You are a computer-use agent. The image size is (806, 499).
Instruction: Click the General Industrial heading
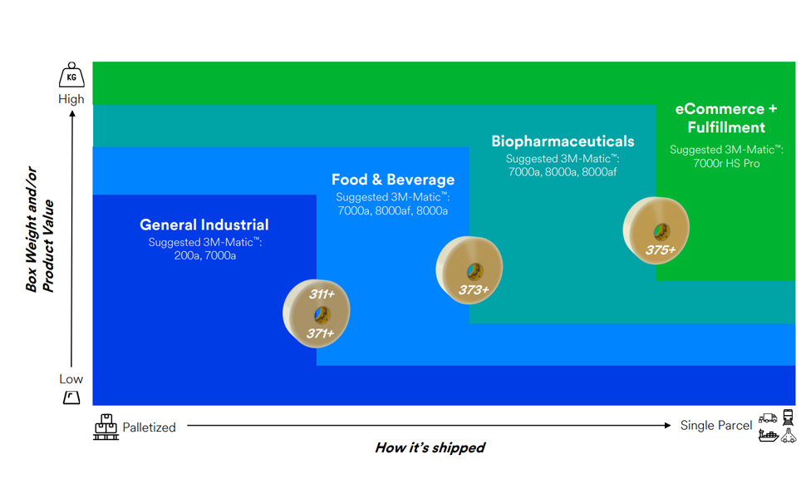coord(204,225)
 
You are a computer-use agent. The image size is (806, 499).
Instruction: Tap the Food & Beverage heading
coord(393,180)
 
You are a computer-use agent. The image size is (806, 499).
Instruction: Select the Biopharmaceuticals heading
coord(563,141)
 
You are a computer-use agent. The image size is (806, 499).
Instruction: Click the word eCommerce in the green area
coord(720,109)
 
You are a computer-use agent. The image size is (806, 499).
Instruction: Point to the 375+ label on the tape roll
coord(661,250)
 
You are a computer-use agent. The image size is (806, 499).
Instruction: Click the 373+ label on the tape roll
coord(474,289)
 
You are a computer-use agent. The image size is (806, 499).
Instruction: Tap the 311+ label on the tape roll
coord(322,294)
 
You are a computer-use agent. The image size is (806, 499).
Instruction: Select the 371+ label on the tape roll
coord(320,333)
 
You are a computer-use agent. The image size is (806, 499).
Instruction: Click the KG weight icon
coord(71,75)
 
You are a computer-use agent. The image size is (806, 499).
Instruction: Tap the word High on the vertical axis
coord(71,99)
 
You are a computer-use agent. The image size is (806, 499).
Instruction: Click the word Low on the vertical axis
coord(71,379)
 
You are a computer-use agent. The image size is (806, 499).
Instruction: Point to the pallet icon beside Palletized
coord(106,427)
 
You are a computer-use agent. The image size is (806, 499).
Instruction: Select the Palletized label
coord(149,427)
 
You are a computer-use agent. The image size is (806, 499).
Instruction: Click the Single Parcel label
coord(716,426)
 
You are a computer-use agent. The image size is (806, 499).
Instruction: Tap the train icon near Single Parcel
coord(788,417)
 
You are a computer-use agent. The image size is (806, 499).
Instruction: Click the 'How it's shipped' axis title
coord(430,447)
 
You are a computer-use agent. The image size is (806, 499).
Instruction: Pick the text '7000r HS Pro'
coord(726,164)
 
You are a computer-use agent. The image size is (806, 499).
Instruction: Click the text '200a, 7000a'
coord(205,255)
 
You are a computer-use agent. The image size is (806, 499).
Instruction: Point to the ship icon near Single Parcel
coord(769,436)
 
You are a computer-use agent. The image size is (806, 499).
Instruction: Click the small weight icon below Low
coord(71,398)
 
